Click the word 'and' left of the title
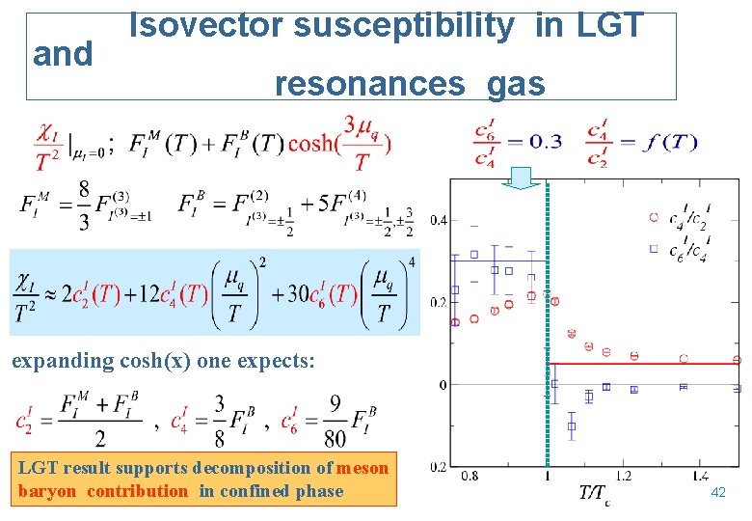[63, 55]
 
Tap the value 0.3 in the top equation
[545, 142]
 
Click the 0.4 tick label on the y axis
[439, 220]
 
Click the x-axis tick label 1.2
[623, 475]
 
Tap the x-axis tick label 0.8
[470, 475]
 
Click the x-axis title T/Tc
[594, 495]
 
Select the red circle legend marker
[654, 217]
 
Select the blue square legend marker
[654, 248]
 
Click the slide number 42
[717, 492]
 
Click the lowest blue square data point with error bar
[571, 425]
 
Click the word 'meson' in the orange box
[363, 469]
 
